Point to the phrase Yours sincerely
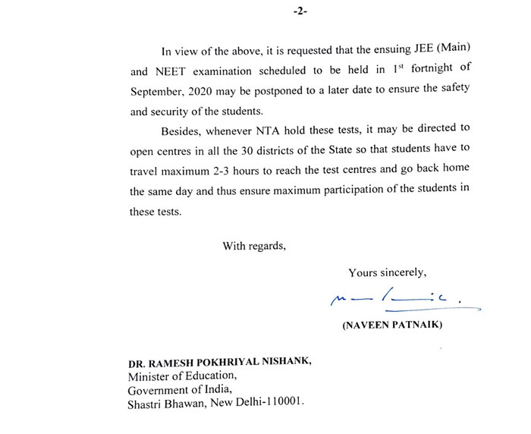click(x=387, y=272)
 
